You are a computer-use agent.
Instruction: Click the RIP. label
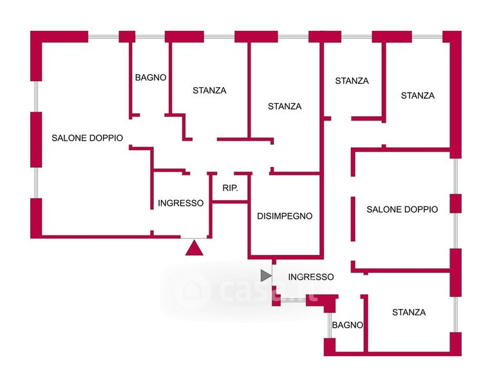[230, 188]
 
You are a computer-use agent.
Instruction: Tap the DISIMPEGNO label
[285, 216]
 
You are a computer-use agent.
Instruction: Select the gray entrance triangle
[265, 276]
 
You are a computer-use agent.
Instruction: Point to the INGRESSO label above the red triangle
[180, 203]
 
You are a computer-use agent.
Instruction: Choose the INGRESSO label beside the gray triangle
[311, 277]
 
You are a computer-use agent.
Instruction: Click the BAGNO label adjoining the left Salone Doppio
[151, 77]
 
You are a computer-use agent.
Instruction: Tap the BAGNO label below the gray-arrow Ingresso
[348, 325]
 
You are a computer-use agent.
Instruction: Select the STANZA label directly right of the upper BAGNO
[209, 90]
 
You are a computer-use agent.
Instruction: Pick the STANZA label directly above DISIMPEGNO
[285, 106]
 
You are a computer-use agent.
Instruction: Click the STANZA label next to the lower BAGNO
[409, 312]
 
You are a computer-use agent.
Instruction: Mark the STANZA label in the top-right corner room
[417, 95]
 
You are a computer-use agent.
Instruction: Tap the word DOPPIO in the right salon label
[420, 209]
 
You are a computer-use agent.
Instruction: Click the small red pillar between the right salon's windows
[455, 203]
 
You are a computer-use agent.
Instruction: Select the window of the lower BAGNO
[328, 325]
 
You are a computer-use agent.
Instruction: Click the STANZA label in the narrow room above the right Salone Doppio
[352, 81]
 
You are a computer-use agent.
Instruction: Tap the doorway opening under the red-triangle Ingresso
[194, 237]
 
